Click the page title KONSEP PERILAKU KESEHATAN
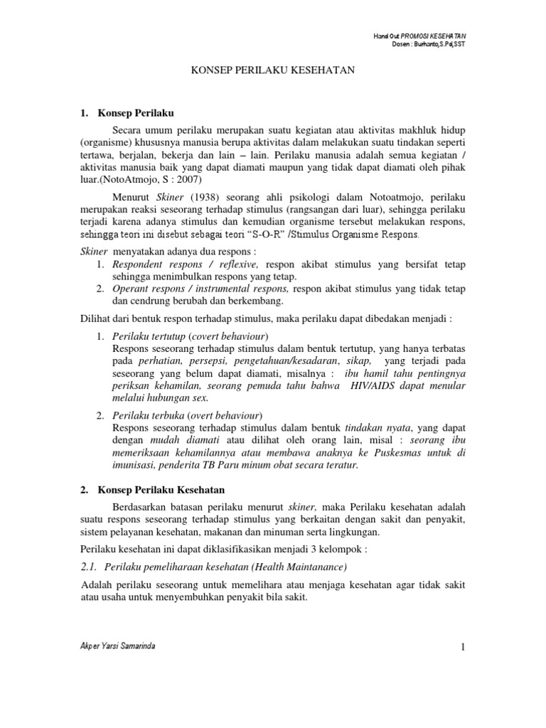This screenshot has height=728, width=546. [272, 71]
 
